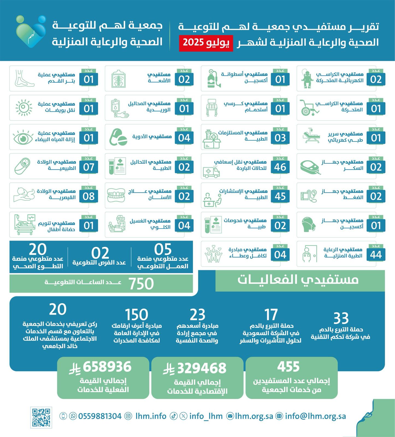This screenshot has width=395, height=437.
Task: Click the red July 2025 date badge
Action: tap(206, 43)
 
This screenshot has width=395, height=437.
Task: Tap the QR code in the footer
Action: tap(41, 417)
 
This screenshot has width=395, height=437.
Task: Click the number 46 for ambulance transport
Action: tap(280, 167)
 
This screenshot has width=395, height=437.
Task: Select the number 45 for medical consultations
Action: tap(280, 196)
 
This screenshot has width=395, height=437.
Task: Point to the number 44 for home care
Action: tap(376, 255)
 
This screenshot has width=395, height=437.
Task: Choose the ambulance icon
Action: tap(211, 172)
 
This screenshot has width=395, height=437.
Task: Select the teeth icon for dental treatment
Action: tap(116, 196)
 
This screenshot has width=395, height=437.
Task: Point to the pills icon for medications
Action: tap(118, 138)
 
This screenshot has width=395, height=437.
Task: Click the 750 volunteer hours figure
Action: tap(141, 284)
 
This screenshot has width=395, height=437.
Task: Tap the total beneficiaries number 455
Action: tap(288, 367)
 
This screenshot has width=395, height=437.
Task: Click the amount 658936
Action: tap(107, 367)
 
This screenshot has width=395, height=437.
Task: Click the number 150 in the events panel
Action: tap(136, 315)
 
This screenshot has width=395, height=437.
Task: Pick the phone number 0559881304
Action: tap(100, 416)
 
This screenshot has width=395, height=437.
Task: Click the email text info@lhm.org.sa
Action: tap(315, 416)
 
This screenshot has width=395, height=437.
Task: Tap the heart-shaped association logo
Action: tap(31, 31)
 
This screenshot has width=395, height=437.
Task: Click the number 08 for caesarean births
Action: tap(89, 196)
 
